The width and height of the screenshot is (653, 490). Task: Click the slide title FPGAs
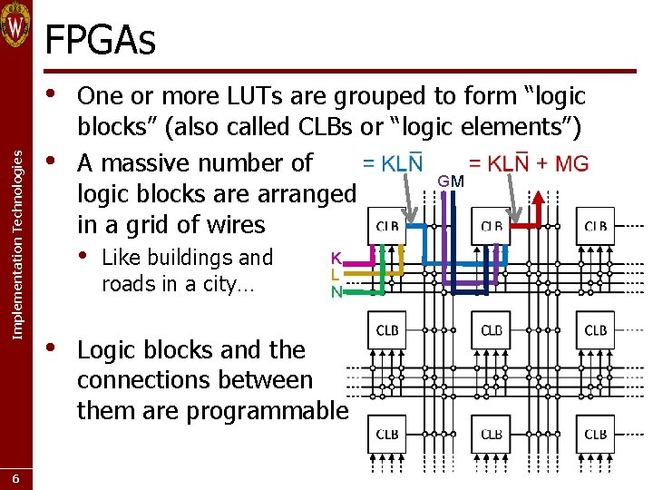coord(100,40)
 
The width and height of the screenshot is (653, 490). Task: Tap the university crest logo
coord(15,24)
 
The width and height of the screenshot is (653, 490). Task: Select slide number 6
coord(15,478)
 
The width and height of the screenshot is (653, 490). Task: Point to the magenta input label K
coord(336,258)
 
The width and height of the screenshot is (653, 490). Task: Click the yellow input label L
coord(336,274)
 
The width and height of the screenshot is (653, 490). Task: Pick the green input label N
coord(336,291)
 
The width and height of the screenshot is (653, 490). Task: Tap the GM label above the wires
coord(451,181)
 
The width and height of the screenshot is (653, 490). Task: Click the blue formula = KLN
coord(393,163)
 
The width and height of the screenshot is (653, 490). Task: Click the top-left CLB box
coord(387,227)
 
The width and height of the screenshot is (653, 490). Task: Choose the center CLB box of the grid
coord(492,330)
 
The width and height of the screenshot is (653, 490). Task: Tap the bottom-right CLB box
coord(595,435)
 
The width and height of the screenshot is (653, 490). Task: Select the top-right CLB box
coord(595,227)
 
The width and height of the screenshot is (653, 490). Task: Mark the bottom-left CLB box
coord(387,435)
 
